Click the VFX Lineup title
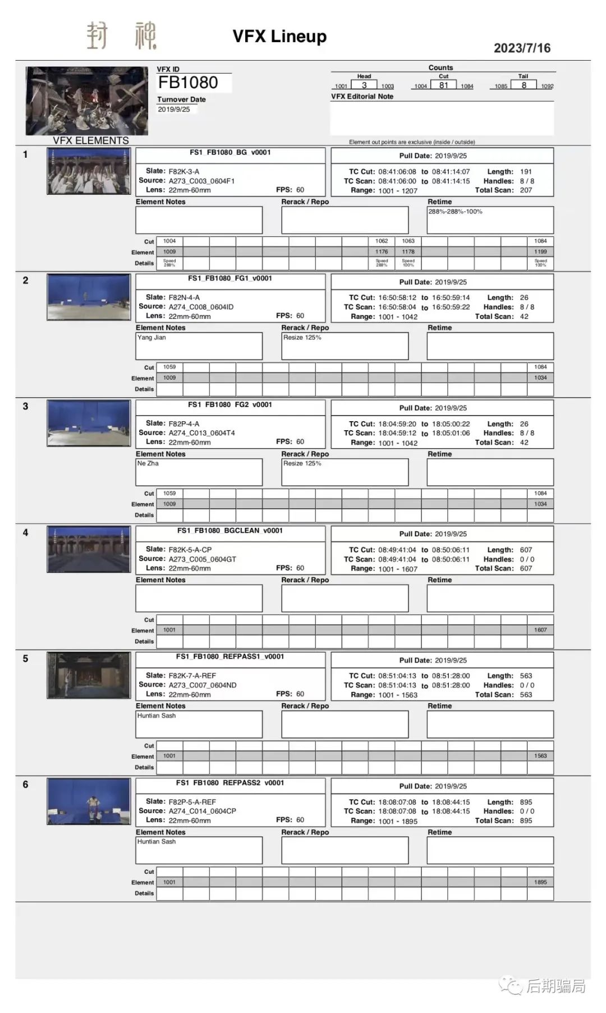tap(279, 36)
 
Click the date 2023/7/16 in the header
tap(522, 48)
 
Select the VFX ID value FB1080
tap(188, 83)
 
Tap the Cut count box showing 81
tap(443, 85)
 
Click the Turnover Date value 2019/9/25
tap(174, 109)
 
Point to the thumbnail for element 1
tap(89, 171)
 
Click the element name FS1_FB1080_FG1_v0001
tap(230, 279)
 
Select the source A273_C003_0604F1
tap(201, 181)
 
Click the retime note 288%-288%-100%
tap(455, 212)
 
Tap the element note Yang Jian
tap(151, 337)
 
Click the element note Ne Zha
tap(148, 463)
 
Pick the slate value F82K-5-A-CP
tap(190, 550)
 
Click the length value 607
tap(526, 550)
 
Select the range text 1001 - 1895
tap(398, 821)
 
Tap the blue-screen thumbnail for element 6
tap(89, 801)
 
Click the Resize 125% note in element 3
tap(302, 463)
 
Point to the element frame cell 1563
tap(540, 756)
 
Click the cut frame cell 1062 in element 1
tap(382, 241)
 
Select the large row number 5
tap(25, 659)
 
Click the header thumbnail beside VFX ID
tap(87, 101)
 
